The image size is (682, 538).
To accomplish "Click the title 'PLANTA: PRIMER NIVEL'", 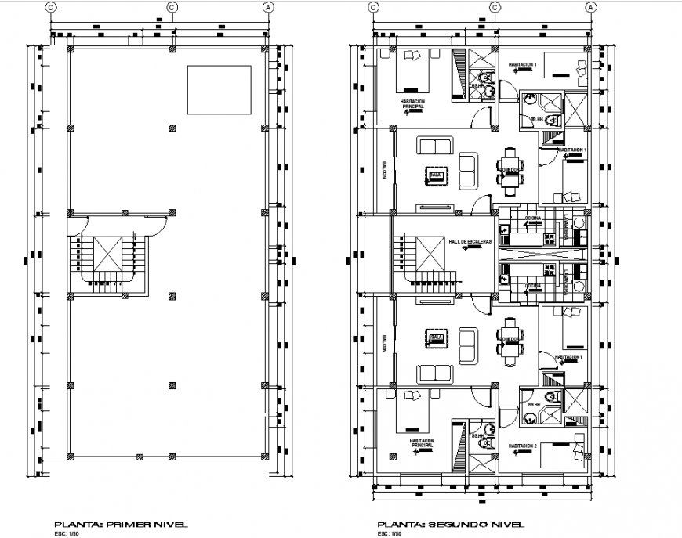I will [121, 524].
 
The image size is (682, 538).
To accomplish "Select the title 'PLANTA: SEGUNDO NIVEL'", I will [449, 524].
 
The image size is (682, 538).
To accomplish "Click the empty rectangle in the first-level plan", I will [219, 90].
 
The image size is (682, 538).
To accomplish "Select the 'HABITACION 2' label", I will [523, 446].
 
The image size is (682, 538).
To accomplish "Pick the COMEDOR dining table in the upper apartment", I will [510, 171].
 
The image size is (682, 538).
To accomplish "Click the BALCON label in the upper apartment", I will [385, 171].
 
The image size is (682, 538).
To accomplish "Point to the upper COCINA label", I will [533, 218].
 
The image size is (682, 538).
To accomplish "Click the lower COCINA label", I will [533, 286].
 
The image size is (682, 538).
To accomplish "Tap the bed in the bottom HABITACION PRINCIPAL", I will [412, 413].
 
